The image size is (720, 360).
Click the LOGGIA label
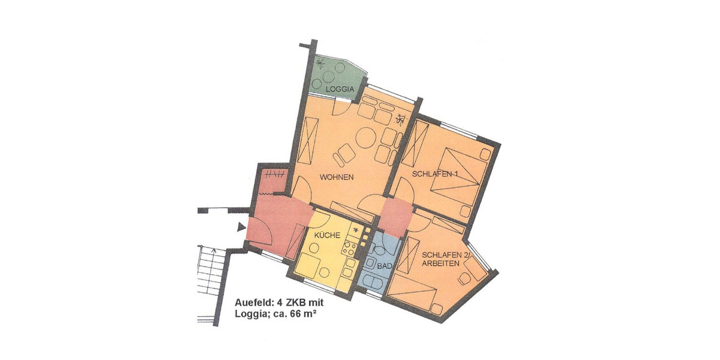pos(340,89)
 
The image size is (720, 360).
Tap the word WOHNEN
pos(337,178)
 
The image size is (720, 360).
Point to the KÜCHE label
pos(327,235)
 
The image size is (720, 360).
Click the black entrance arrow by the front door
pos(241,227)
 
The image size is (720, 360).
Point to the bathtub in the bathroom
pos(373,283)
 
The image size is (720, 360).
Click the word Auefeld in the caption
pos(251,303)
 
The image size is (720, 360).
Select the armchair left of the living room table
pos(344,154)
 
